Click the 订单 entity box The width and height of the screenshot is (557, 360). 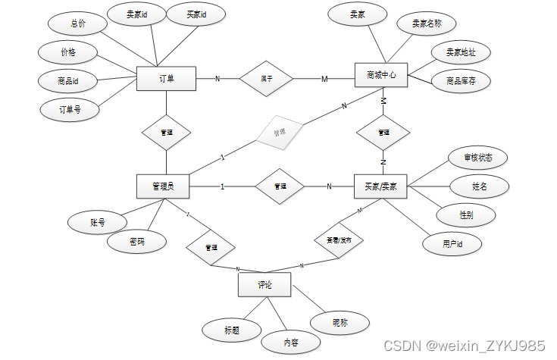166,78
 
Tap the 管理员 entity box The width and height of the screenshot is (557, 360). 162,186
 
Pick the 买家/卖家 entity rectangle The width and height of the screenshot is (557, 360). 381,186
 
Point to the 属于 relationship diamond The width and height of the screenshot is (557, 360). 266,78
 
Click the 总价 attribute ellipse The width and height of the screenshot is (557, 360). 77,23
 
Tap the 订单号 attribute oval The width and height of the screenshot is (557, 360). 69,109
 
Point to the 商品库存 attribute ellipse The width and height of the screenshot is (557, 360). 460,80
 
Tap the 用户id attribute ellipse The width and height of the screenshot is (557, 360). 452,244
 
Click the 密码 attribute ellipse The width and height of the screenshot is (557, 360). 136,243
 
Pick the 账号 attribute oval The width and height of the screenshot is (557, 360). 97,223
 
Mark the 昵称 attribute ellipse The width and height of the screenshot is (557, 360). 340,323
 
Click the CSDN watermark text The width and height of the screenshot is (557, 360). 464,345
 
